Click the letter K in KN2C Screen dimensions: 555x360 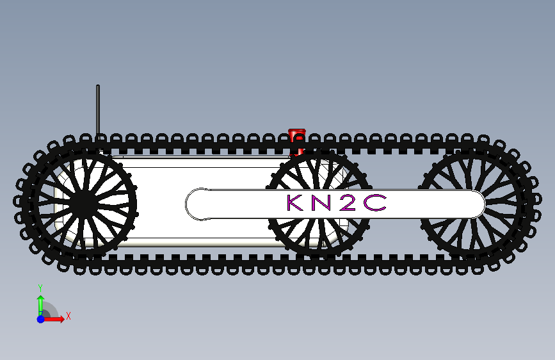[295, 203]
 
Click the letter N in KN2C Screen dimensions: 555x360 [321, 203]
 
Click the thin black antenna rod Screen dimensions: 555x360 [98, 109]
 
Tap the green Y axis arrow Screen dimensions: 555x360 [40, 303]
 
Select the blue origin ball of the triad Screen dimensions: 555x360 [40, 318]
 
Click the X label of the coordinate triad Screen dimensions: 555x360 [68, 316]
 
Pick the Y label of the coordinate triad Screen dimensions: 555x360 [40, 288]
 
